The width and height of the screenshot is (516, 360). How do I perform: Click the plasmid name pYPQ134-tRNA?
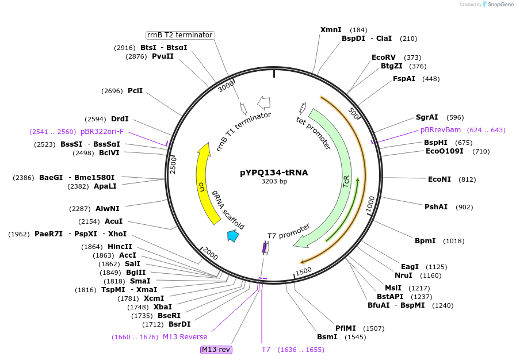274,173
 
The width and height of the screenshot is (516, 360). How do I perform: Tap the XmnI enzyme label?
331,30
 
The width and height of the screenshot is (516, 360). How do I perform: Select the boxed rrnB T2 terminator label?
180,35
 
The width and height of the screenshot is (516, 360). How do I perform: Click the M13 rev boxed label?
216,349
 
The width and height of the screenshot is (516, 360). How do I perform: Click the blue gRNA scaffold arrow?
233,235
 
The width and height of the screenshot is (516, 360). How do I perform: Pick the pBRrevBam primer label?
441,130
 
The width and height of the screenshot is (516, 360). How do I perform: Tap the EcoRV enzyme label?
384,58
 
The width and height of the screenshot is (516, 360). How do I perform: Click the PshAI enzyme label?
436,207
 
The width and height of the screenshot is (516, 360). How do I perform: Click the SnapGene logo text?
498,5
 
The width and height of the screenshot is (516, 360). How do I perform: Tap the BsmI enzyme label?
327,337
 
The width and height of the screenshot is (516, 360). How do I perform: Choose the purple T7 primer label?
266,350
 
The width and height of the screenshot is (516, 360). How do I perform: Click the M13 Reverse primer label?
185,337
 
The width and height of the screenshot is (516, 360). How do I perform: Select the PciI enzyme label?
135,91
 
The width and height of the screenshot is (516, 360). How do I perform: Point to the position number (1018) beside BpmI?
453,241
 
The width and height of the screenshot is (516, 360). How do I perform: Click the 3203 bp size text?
274,182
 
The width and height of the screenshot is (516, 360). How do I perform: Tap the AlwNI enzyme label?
108,209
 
